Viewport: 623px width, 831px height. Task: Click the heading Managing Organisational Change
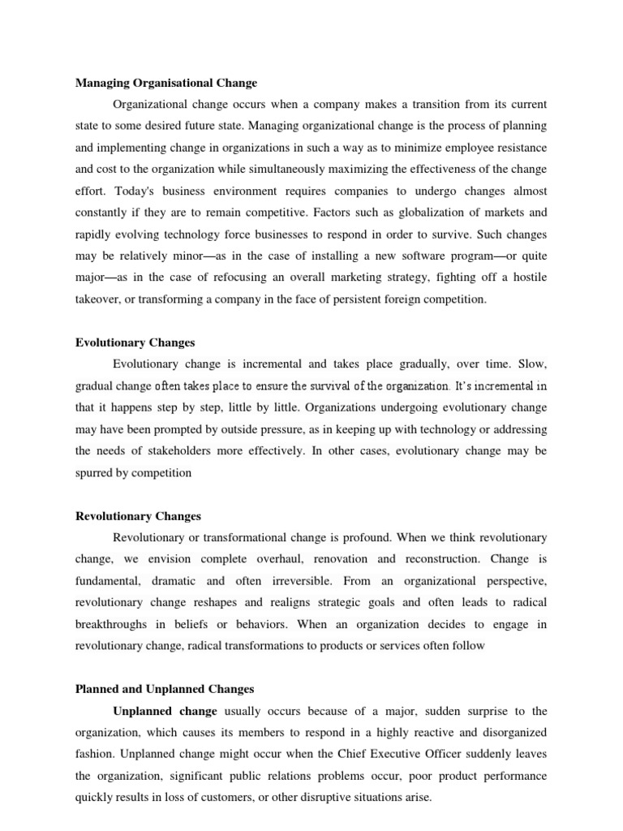click(165, 83)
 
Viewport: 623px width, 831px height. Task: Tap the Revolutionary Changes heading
click(138, 516)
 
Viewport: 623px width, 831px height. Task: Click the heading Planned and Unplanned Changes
click(165, 689)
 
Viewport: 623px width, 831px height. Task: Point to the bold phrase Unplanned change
click(165, 711)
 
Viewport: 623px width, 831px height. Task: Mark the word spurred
click(97, 473)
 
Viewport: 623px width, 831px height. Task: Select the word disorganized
click(500, 733)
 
